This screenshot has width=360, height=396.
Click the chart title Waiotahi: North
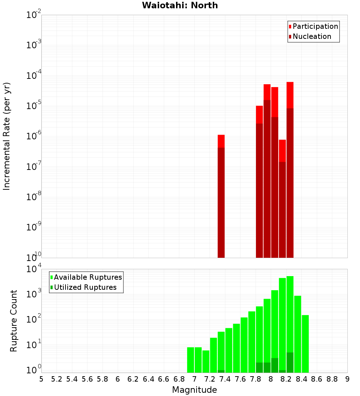click(180, 5)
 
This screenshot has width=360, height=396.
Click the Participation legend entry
click(315, 26)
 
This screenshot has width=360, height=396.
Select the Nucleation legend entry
click(311, 36)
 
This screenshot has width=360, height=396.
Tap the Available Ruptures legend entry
click(87, 277)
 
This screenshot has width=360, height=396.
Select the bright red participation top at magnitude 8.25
click(290, 95)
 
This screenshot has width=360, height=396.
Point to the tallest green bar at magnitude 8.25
click(290, 313)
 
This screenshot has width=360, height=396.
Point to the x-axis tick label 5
click(41, 379)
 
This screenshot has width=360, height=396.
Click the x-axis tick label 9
click(347, 379)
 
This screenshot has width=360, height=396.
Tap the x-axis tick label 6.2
click(133, 379)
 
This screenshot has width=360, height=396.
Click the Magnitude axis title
click(194, 390)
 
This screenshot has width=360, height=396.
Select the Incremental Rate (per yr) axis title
click(7, 136)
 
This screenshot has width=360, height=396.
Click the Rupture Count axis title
click(14, 321)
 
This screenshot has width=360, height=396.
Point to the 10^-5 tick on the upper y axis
click(33, 106)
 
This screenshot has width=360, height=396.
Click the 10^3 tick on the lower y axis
click(33, 293)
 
